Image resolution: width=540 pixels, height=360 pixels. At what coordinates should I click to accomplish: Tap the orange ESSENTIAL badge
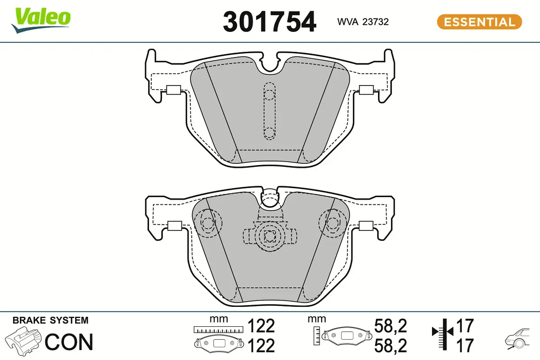pyautogui.click(x=479, y=22)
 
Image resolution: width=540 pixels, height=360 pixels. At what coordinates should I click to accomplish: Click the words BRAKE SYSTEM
pyautogui.click(x=50, y=320)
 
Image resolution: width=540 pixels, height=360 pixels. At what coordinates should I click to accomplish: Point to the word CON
pyautogui.click(x=69, y=342)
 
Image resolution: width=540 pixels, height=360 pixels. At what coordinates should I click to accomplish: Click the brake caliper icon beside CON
pyautogui.click(x=25, y=342)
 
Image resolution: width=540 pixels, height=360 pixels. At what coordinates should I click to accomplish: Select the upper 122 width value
pyautogui.click(x=261, y=326)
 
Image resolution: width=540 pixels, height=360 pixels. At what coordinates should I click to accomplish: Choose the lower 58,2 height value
pyautogui.click(x=391, y=346)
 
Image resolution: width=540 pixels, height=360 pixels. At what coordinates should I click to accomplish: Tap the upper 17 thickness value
pyautogui.click(x=465, y=325)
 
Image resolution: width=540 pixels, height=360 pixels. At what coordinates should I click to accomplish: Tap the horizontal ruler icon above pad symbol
pyautogui.click(x=218, y=330)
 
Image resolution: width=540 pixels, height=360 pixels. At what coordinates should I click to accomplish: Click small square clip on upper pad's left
pyautogui.click(x=173, y=90)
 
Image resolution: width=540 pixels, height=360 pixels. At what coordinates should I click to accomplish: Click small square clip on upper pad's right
pyautogui.click(x=367, y=90)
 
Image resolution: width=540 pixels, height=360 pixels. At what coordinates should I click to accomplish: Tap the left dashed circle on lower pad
pyautogui.click(x=208, y=223)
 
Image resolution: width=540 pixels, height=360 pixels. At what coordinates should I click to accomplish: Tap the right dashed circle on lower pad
pyautogui.click(x=332, y=223)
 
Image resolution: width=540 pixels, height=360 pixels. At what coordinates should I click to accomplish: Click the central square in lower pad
pyautogui.click(x=270, y=235)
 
